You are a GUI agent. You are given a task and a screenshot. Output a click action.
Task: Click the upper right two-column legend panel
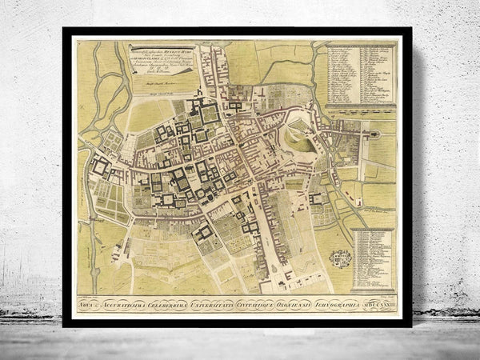tap(361, 75)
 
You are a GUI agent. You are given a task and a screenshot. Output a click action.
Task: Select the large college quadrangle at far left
tap(102, 167)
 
